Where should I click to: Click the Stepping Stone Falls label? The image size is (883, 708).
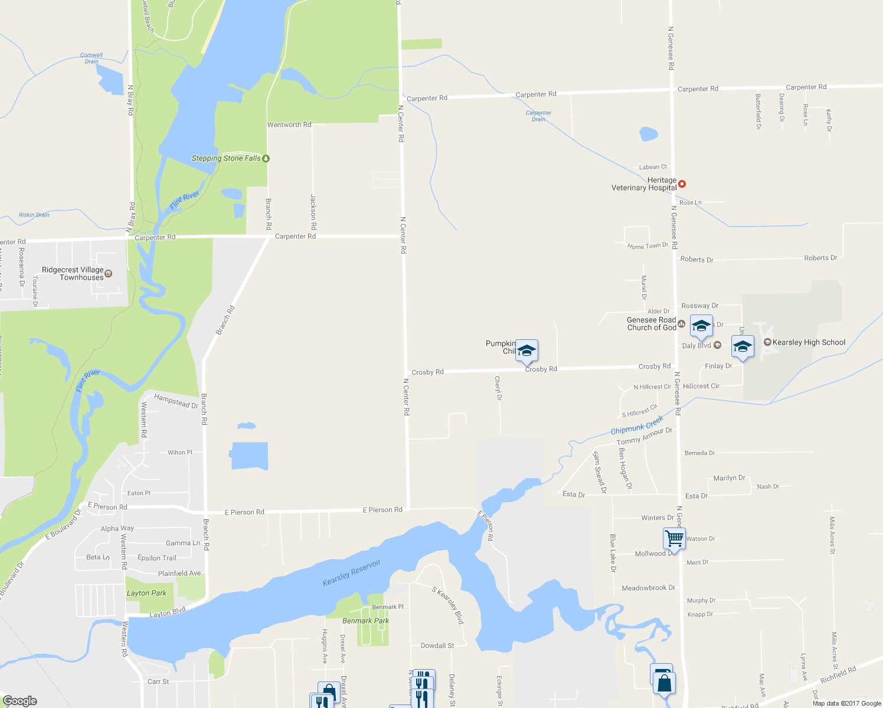(x=226, y=158)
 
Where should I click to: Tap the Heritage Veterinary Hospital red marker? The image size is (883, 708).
(x=682, y=184)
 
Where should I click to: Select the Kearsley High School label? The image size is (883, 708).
(x=809, y=342)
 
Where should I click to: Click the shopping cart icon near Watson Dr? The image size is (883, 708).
(x=673, y=538)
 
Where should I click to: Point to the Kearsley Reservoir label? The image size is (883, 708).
(x=352, y=573)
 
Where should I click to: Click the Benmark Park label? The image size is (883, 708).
(x=365, y=621)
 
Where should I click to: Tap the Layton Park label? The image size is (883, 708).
(x=146, y=593)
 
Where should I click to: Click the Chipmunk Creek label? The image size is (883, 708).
(x=637, y=425)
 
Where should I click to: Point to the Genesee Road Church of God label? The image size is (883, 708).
(x=652, y=324)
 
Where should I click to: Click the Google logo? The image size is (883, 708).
(x=20, y=701)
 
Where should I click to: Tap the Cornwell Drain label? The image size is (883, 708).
(x=91, y=58)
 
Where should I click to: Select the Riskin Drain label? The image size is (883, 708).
(x=34, y=215)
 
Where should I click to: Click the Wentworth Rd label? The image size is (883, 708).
(x=289, y=124)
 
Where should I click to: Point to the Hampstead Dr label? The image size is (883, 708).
(x=176, y=401)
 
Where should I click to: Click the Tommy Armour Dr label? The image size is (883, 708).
(x=645, y=437)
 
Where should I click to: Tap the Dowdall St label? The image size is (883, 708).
(x=437, y=645)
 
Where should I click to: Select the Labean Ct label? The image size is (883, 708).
(x=653, y=167)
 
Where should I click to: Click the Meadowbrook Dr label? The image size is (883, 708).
(x=648, y=588)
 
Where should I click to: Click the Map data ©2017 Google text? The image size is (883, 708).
(x=846, y=703)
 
